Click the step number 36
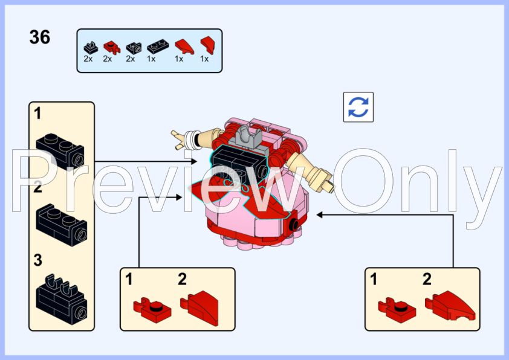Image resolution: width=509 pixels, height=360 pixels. [x=40, y=37]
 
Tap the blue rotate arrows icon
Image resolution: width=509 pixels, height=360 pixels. [x=358, y=107]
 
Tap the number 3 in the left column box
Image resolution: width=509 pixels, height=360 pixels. [x=38, y=260]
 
